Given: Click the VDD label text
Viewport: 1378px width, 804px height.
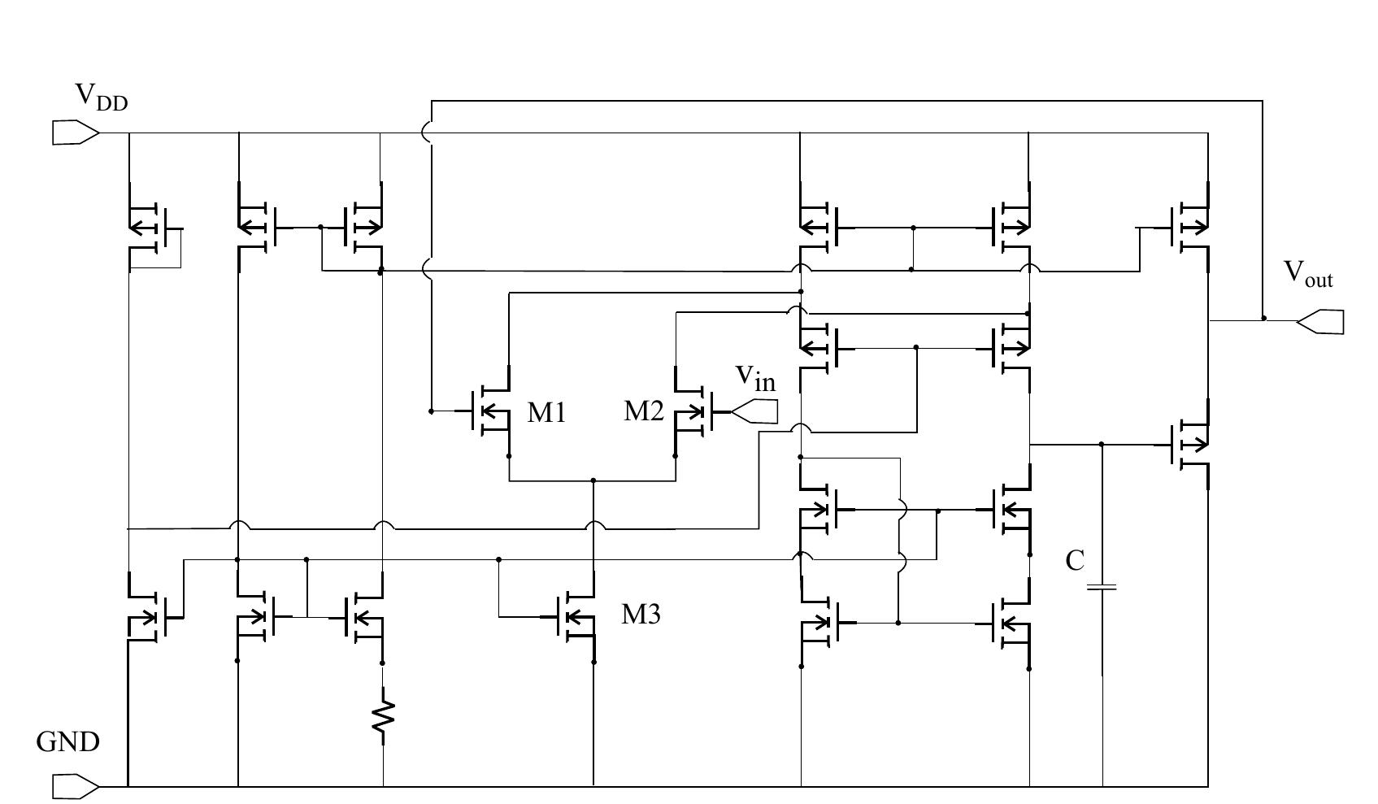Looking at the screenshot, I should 101,97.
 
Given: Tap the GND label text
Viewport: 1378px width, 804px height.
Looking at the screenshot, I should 68,742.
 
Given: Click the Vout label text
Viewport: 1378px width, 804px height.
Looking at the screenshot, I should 1307,274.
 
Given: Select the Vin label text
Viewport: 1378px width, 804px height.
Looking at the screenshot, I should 755,377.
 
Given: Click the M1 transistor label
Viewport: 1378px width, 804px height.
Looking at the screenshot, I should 546,413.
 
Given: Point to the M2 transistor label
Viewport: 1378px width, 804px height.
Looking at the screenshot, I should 643,411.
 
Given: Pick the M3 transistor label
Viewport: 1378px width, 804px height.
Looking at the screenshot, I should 641,615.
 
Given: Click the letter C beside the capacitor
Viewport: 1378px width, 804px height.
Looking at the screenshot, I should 1075,561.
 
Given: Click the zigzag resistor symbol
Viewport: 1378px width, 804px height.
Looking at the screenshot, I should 383,716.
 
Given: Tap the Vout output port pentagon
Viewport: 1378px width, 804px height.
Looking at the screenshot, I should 1320,322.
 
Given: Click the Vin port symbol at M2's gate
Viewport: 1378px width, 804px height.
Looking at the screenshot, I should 755,412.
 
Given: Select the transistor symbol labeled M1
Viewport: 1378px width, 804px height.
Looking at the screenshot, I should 490,411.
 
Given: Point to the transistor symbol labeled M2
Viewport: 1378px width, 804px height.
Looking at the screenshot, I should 693,411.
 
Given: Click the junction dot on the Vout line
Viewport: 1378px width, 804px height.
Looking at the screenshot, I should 1263,318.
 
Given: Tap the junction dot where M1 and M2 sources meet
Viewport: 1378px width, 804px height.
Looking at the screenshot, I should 593,480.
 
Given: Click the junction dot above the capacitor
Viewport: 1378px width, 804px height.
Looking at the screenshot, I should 1102,444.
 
